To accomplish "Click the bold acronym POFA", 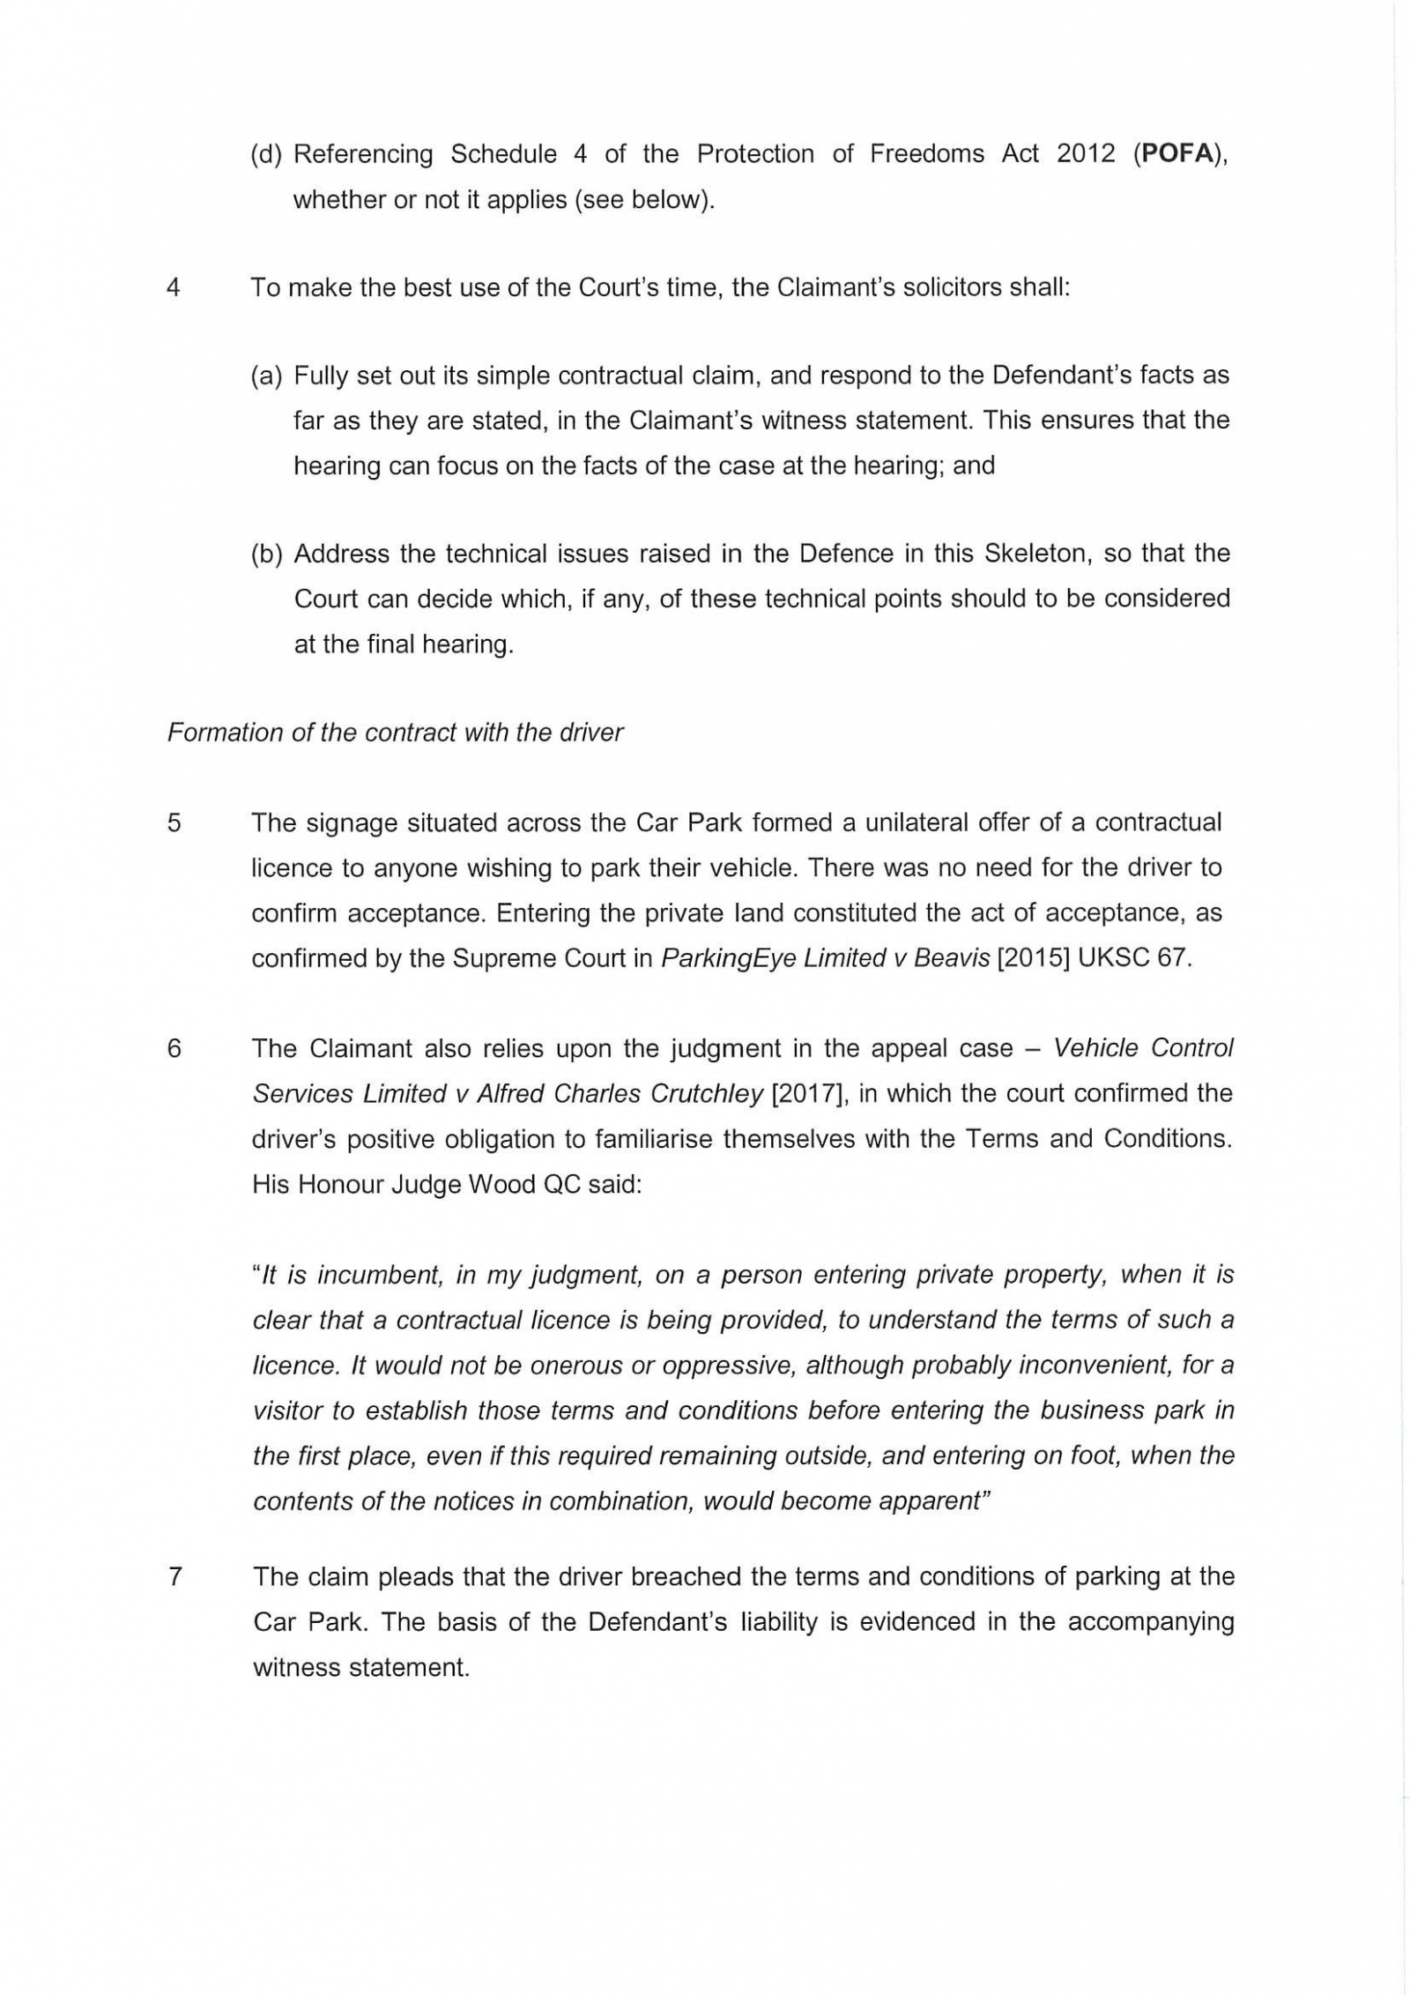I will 1176,153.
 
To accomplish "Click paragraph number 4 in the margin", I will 174,287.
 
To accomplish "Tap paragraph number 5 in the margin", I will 174,823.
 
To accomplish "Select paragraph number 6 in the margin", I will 174,1048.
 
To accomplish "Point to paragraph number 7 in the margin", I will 174,1576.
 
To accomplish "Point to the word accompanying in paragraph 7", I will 1151,1622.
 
